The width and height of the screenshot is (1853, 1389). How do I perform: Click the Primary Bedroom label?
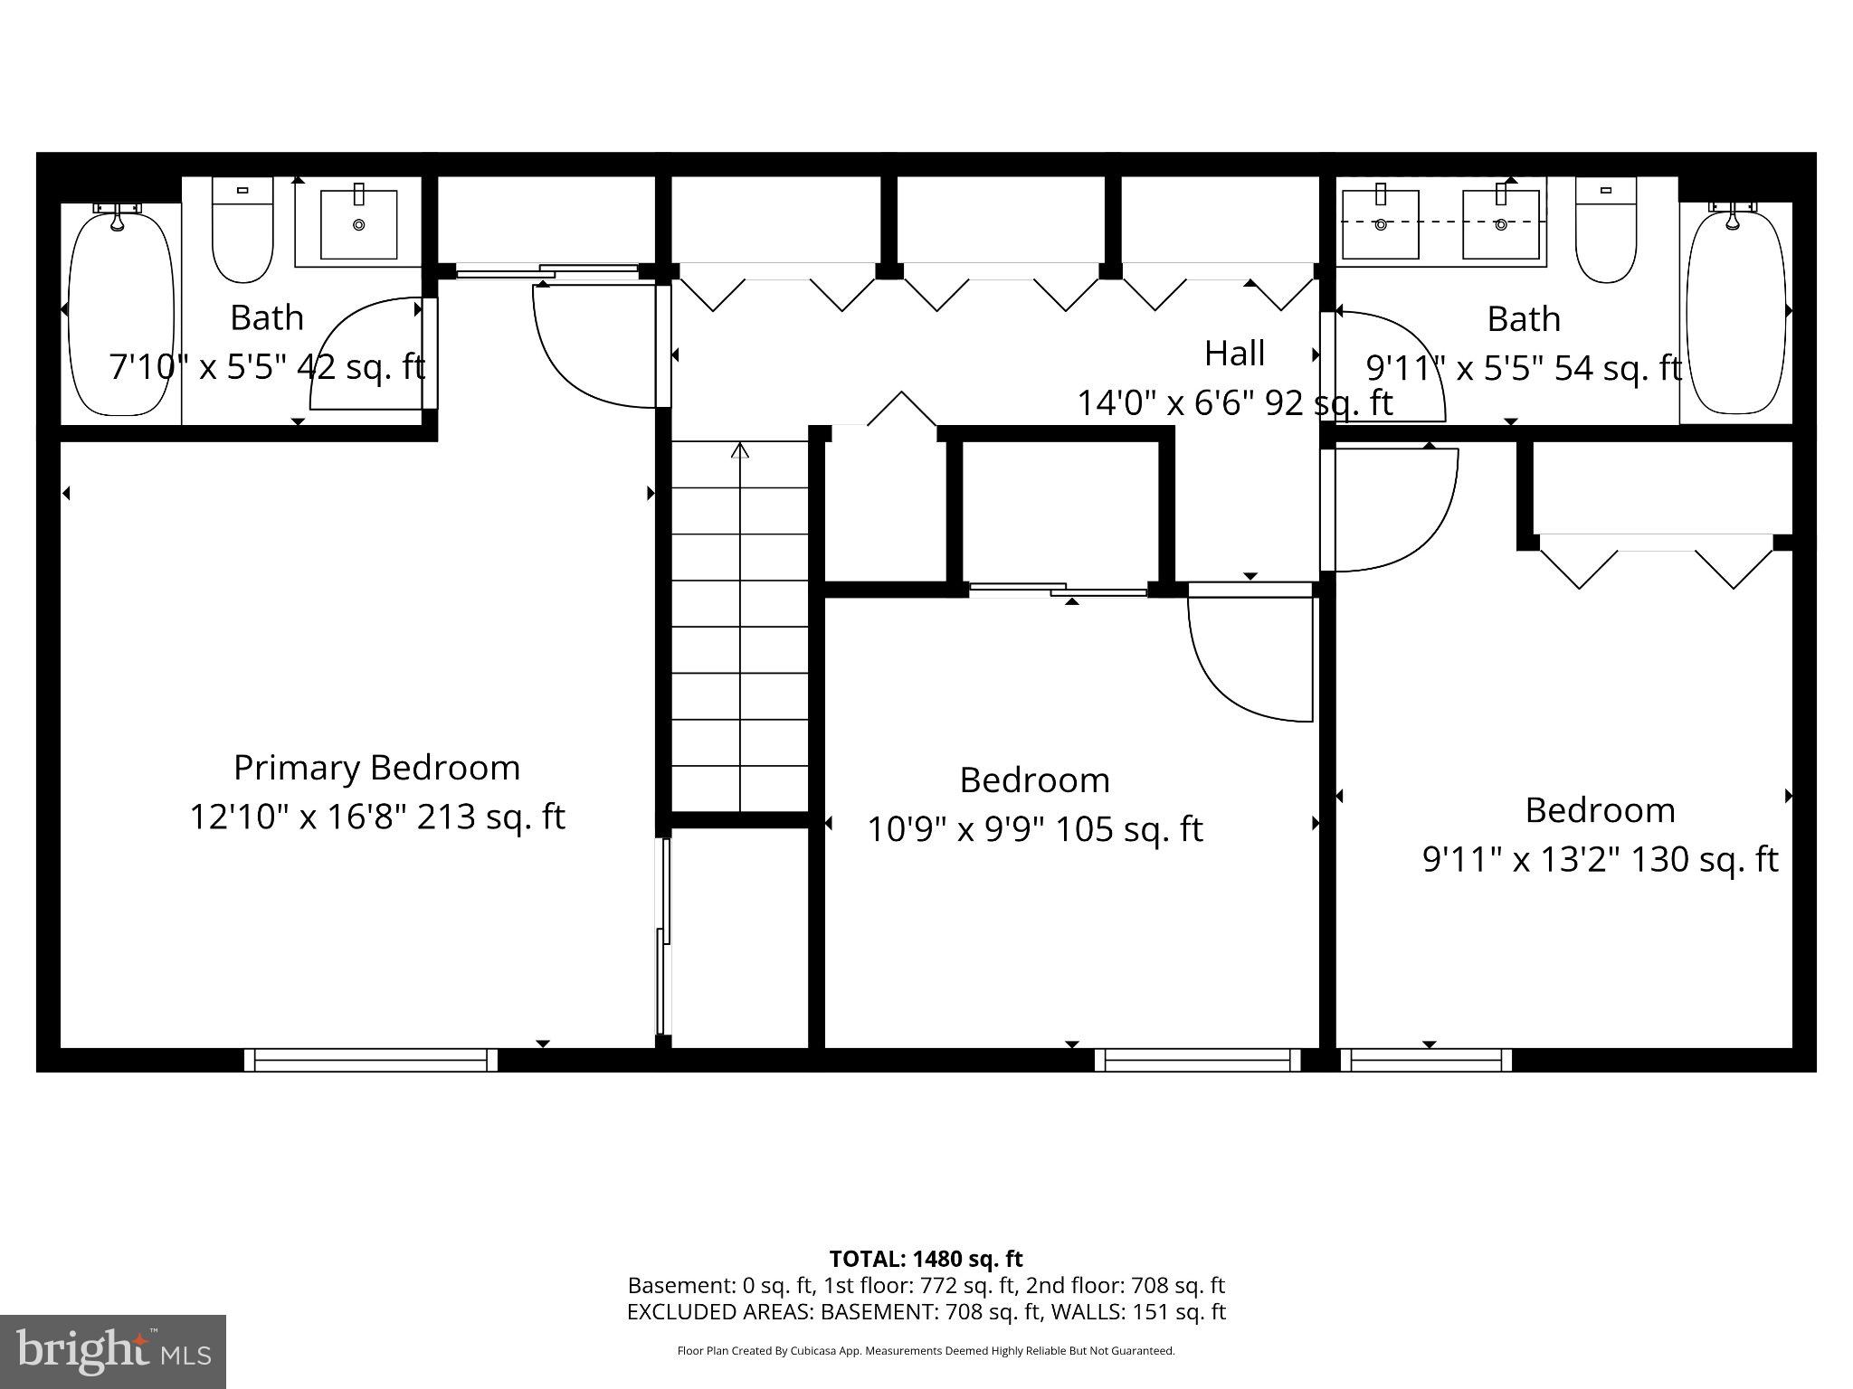pyautogui.click(x=376, y=768)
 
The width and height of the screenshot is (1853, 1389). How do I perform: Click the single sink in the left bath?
pyautogui.click(x=359, y=224)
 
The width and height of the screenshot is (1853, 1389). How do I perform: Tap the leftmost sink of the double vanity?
pyautogui.click(x=1380, y=223)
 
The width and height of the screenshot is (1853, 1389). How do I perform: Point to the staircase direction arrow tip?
pyautogui.click(x=741, y=446)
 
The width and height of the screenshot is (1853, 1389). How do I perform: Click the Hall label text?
pyautogui.click(x=1234, y=354)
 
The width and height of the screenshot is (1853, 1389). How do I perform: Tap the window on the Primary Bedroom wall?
pyautogui.click(x=371, y=1060)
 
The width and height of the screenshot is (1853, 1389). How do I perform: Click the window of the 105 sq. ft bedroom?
pyautogui.click(x=1197, y=1060)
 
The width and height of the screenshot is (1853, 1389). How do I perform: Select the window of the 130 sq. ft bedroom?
pyautogui.click(x=1425, y=1060)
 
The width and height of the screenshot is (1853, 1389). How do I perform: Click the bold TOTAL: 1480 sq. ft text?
pyautogui.click(x=926, y=1259)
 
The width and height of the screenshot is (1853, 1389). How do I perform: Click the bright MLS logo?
pyautogui.click(x=113, y=1351)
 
